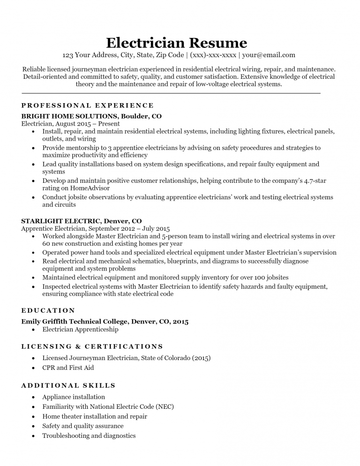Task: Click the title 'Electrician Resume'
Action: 176,43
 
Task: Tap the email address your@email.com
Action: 269,55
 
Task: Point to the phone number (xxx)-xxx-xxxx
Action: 213,55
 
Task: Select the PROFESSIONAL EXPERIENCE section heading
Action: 88,105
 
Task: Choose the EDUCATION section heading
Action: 48,310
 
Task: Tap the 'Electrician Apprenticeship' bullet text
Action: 80,330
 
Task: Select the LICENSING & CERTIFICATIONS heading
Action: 92,346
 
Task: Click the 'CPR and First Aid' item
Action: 68,368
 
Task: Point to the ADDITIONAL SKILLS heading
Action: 68,385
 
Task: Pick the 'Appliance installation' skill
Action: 74,397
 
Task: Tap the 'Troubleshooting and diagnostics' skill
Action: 89,436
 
